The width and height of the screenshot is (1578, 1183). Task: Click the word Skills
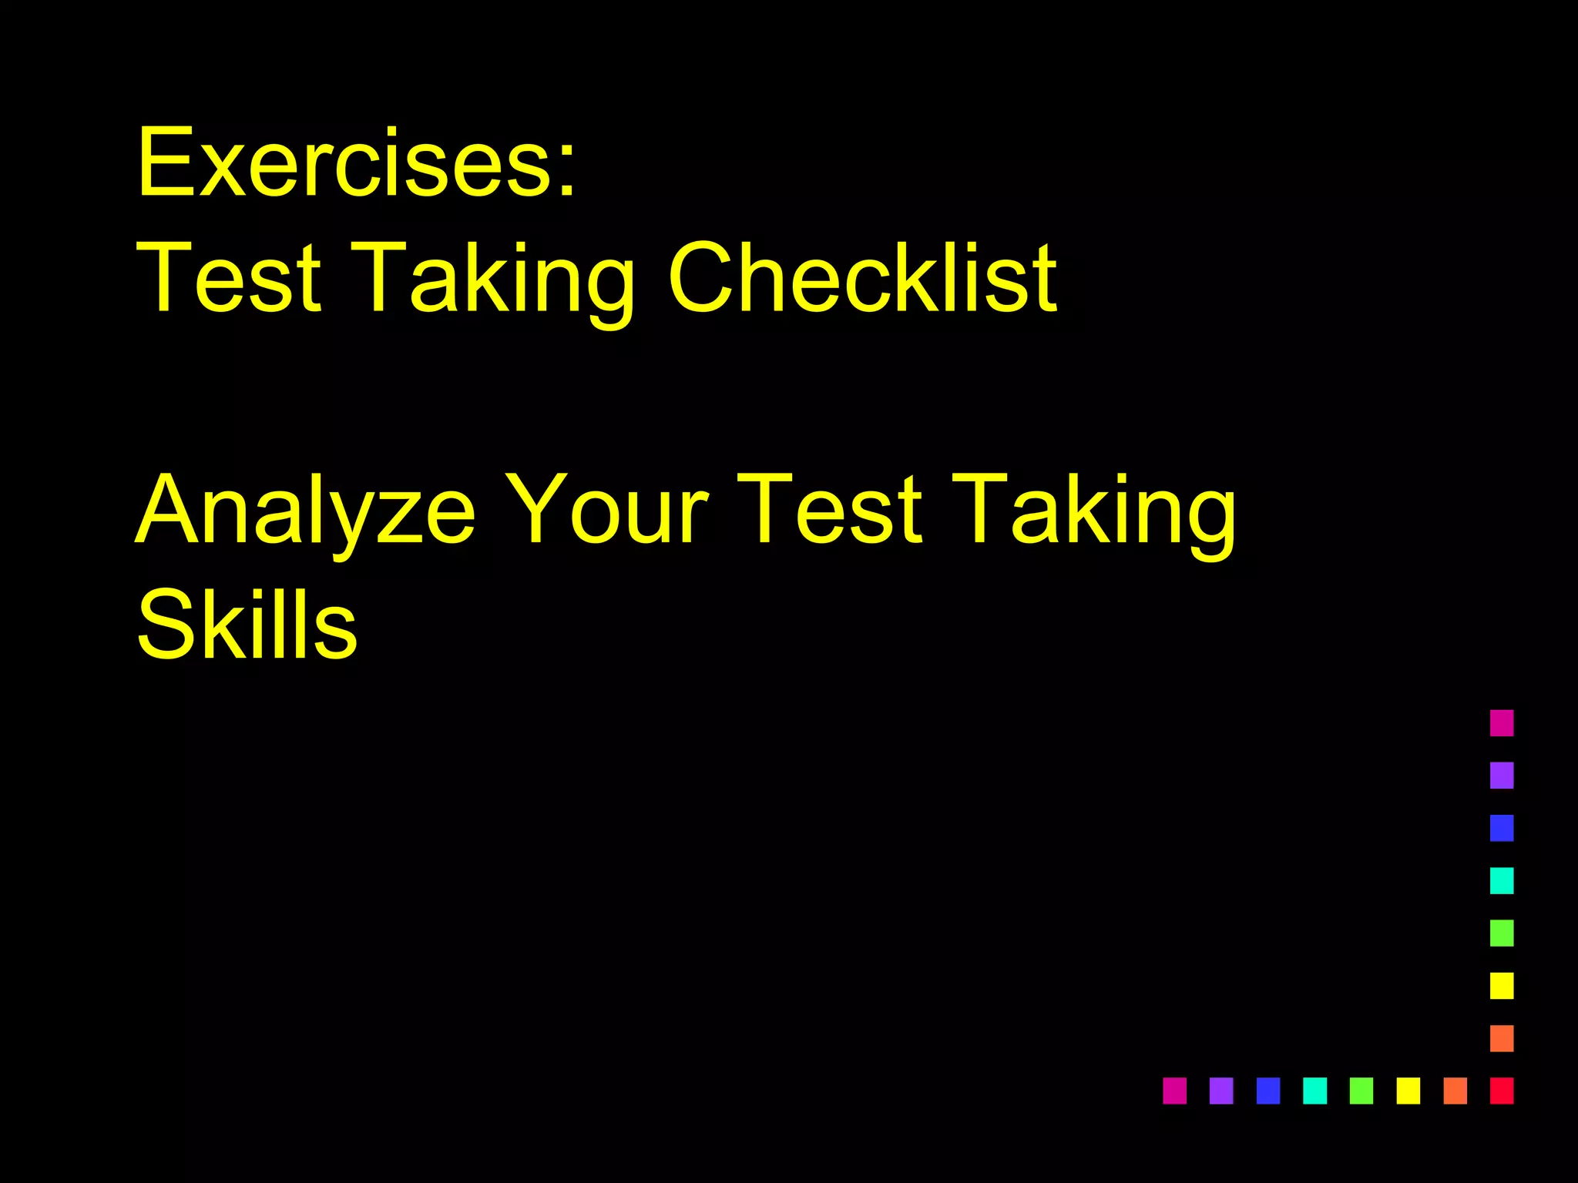coord(247,624)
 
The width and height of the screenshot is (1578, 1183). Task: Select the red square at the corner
coord(1502,1091)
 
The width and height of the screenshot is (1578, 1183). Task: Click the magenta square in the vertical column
coord(1502,723)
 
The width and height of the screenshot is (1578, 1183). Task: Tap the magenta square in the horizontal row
coord(1174,1091)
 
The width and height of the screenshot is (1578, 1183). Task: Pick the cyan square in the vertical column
coord(1502,880)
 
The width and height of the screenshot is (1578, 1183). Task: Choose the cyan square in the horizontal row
coord(1314,1091)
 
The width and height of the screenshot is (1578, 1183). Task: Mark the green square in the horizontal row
coord(1361,1091)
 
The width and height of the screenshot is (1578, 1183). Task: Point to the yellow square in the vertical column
coord(1502,986)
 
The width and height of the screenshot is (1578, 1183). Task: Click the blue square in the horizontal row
coord(1267,1091)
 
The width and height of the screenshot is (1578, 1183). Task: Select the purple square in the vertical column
coord(1502,776)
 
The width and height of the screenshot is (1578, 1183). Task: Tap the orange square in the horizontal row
coord(1455,1091)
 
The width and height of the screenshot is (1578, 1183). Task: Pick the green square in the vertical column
coord(1502,933)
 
